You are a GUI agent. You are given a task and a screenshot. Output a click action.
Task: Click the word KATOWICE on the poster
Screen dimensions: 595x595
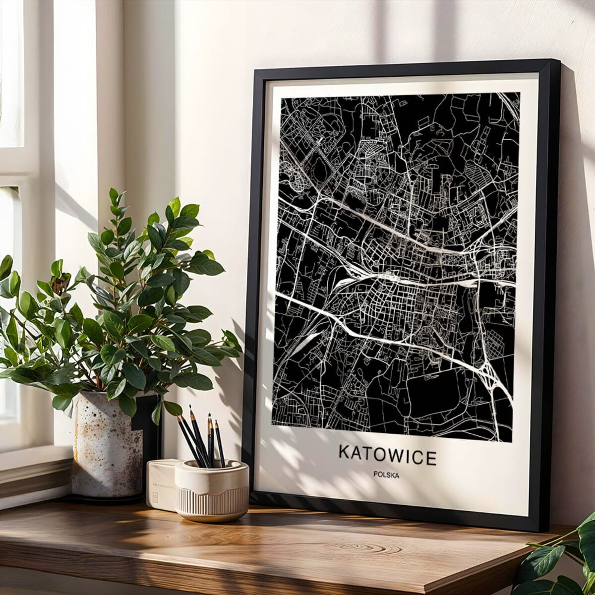click(387, 455)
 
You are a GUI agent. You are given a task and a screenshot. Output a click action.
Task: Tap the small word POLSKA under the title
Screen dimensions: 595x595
click(387, 475)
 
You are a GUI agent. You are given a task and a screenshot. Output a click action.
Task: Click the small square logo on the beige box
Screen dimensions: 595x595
click(155, 497)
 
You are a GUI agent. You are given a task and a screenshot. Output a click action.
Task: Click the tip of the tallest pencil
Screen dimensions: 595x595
click(190, 407)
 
